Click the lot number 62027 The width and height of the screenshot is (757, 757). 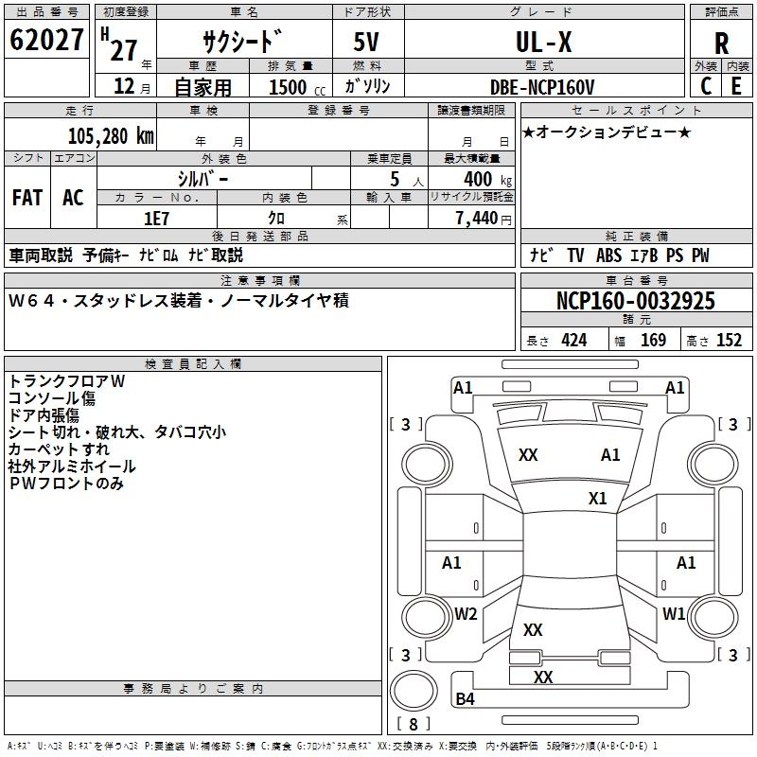tap(46, 40)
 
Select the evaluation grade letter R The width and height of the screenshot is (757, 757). tap(721, 44)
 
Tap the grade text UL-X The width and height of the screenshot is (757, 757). tap(544, 42)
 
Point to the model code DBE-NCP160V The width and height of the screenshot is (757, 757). tap(542, 87)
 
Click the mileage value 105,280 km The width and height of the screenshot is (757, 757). tap(111, 136)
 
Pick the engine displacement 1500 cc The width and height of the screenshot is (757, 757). tap(297, 87)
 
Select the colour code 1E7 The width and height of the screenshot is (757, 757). tap(156, 219)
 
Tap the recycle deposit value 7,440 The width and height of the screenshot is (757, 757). tap(477, 219)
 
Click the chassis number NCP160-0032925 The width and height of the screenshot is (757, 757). tap(635, 301)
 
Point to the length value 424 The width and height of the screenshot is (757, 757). tap(574, 341)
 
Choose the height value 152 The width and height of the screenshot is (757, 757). tap(729, 341)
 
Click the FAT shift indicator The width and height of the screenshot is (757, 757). tap(27, 198)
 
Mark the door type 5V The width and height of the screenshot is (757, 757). tap(366, 42)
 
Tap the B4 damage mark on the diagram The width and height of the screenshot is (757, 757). tap(465, 698)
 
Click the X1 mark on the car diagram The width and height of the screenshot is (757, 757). tap(597, 499)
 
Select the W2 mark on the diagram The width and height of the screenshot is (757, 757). tap(466, 614)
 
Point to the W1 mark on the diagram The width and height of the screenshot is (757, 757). tap(674, 614)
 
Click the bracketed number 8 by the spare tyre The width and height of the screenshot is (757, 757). tap(414, 724)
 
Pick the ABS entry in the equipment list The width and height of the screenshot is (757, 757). tap(608, 255)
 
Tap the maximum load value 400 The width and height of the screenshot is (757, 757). tap(478, 179)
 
